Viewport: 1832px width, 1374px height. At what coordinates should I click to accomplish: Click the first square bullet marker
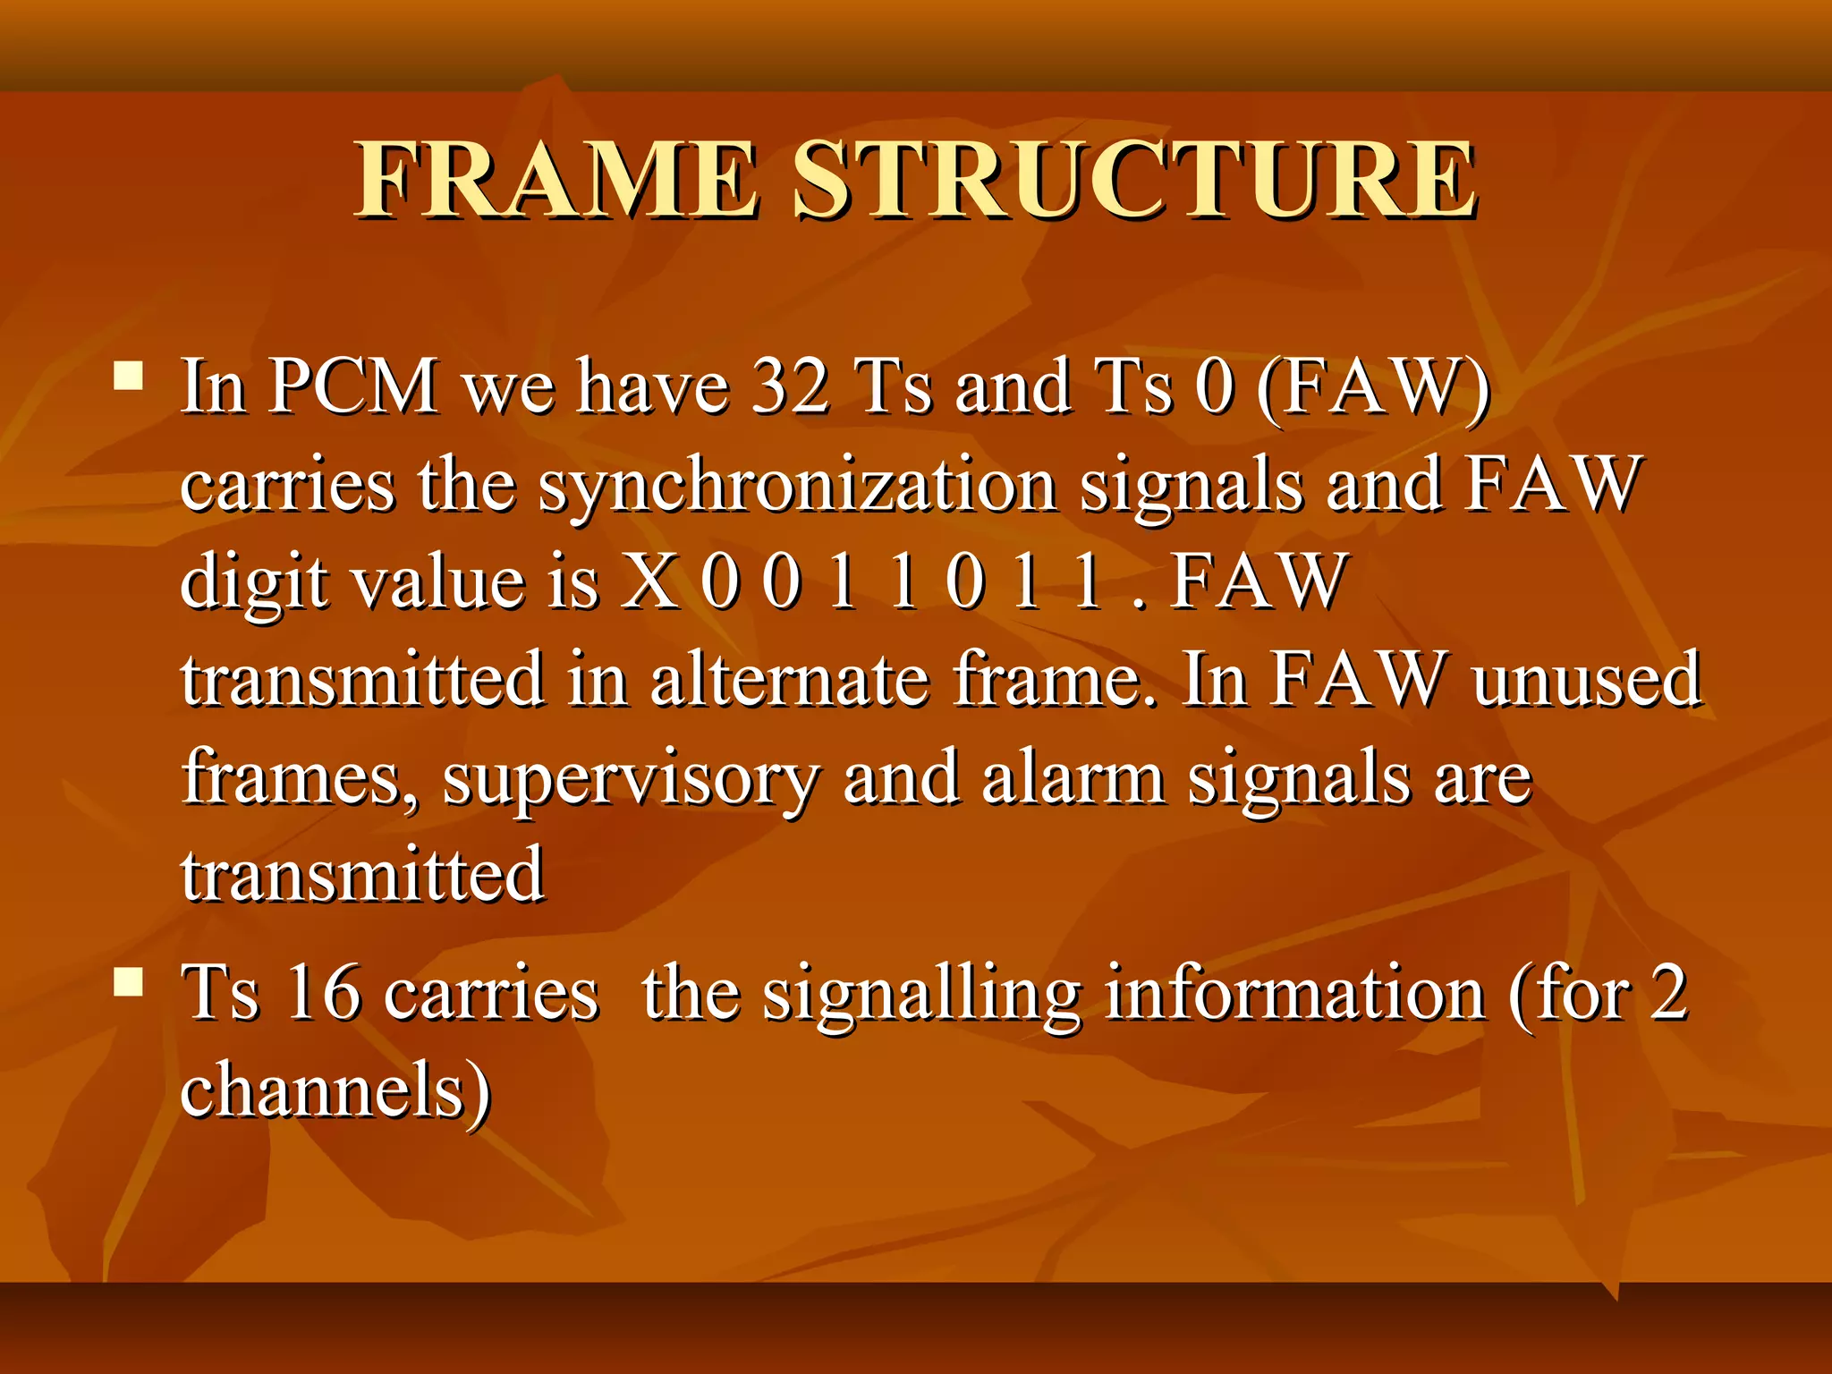[x=130, y=376]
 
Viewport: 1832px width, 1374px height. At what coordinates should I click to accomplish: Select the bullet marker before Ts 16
[x=130, y=982]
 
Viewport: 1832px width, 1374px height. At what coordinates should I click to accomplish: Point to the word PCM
[x=353, y=386]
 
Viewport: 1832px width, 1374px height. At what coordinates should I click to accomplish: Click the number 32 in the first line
[x=790, y=386]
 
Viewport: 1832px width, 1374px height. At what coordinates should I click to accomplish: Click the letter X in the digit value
[x=650, y=581]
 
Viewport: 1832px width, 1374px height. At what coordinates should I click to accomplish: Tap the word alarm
[x=1073, y=776]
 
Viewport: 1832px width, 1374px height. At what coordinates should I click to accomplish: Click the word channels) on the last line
[x=336, y=1090]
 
